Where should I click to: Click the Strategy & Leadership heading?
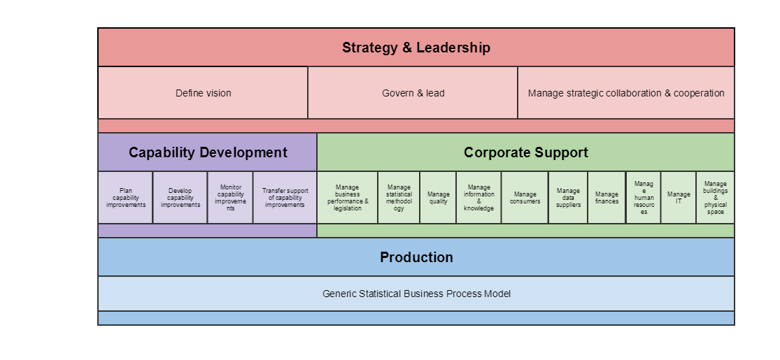pos(416,48)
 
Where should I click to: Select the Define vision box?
pos(203,93)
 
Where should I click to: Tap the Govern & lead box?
pos(413,93)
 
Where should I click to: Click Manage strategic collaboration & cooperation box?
pos(626,93)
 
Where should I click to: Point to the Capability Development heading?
pos(208,152)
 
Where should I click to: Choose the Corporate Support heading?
pos(526,152)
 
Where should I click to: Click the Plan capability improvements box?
pos(125,198)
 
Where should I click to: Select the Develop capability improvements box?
pos(180,198)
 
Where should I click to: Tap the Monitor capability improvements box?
pos(230,198)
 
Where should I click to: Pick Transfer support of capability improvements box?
pos(285,198)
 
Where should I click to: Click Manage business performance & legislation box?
pos(348,198)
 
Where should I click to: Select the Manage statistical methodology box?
pos(399,198)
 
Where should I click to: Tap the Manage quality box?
pos(438,198)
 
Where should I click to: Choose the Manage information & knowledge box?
pos(478,198)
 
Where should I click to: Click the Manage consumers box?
pos(525,198)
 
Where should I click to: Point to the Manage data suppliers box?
pos(568,198)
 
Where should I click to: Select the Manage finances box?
pos(607,198)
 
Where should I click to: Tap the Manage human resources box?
pos(644,198)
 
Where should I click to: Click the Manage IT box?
pos(679,198)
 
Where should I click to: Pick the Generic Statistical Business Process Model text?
pos(416,294)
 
